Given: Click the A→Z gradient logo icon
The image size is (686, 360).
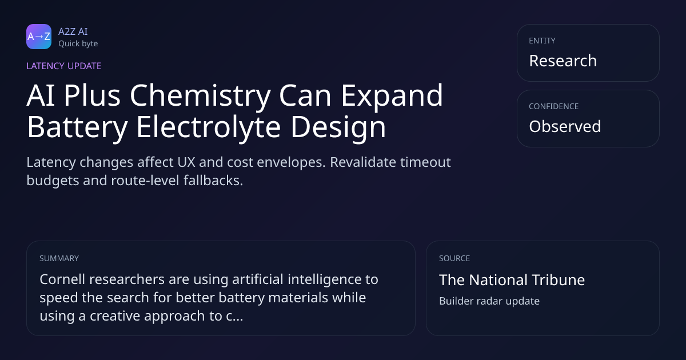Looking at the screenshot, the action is tap(39, 37).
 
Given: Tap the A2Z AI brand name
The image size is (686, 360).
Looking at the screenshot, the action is tap(73, 31).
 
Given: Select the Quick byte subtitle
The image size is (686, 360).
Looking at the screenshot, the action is tap(78, 44).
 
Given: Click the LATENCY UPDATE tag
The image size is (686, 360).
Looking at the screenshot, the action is tap(63, 66).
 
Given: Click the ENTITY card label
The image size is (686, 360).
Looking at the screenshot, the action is tap(542, 41).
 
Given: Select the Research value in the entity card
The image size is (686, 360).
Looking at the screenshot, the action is tap(563, 61).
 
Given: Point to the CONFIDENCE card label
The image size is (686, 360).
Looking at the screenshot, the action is tap(554, 106).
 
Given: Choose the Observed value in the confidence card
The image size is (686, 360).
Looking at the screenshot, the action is tap(565, 126).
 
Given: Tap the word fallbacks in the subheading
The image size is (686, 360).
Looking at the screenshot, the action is tap(213, 181).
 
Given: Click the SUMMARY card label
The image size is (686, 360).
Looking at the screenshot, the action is tap(59, 258).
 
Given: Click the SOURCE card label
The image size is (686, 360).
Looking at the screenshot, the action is tap(454, 258).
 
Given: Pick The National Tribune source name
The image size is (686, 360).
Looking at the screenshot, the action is tap(512, 280).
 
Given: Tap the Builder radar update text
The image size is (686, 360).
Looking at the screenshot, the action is tap(489, 301).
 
